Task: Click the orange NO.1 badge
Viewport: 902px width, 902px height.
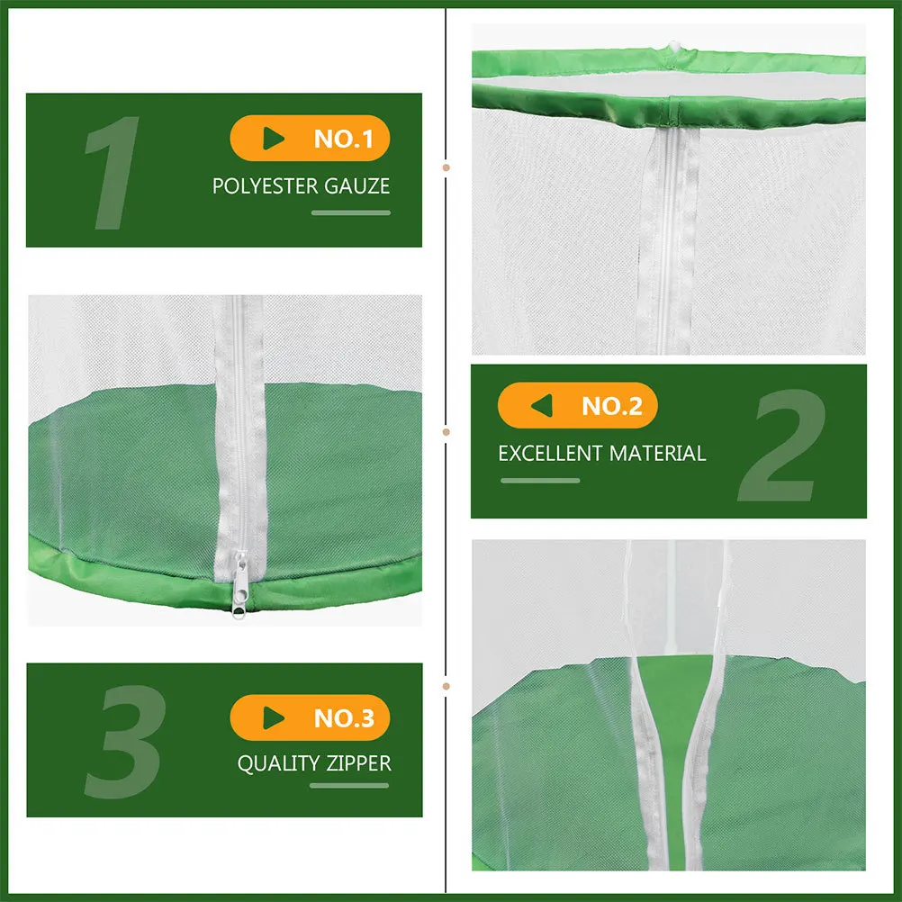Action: pos(310,139)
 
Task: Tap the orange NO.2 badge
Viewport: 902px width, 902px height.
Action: pos(577,406)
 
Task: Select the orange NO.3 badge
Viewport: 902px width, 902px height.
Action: pos(310,718)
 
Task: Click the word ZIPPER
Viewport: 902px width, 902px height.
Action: pos(357,763)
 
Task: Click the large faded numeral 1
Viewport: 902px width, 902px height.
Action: pos(113,173)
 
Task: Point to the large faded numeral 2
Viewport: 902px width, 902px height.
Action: pos(780,447)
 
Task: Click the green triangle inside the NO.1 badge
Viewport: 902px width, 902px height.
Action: pos(274,139)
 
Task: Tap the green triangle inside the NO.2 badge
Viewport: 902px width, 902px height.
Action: pos(541,406)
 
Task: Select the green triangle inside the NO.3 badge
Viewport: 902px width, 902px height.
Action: pos(274,718)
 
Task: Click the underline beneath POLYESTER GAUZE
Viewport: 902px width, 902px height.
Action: pos(351,213)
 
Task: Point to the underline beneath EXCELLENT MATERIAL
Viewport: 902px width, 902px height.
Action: pos(540,481)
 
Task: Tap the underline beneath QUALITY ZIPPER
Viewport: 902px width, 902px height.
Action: pos(349,786)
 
